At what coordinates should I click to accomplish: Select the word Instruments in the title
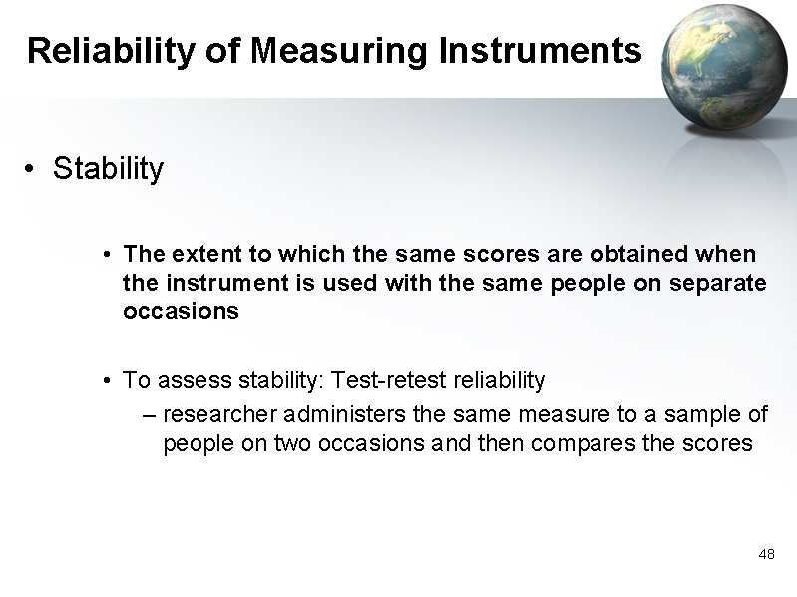tap(539, 50)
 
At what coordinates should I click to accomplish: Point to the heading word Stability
tap(108, 169)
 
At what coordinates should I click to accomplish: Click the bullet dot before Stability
tap(33, 170)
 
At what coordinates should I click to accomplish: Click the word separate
tap(716, 284)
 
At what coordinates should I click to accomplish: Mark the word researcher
tap(216, 414)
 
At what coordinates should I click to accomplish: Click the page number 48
tap(766, 553)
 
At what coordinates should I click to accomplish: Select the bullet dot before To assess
tap(106, 381)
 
